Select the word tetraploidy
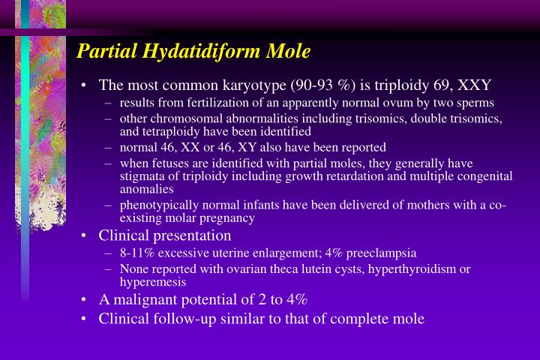164,130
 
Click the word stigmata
140,176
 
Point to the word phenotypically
157,205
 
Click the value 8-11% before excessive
134,253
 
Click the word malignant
139,299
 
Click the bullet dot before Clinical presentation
85,235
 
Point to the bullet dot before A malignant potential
85,299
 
